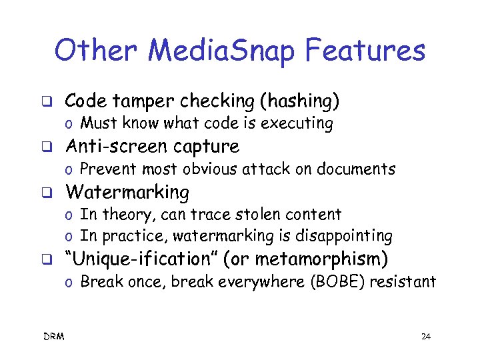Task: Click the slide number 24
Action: pyautogui.click(x=426, y=337)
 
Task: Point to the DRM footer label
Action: pyautogui.click(x=54, y=337)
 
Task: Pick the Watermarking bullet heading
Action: pyautogui.click(x=127, y=192)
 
